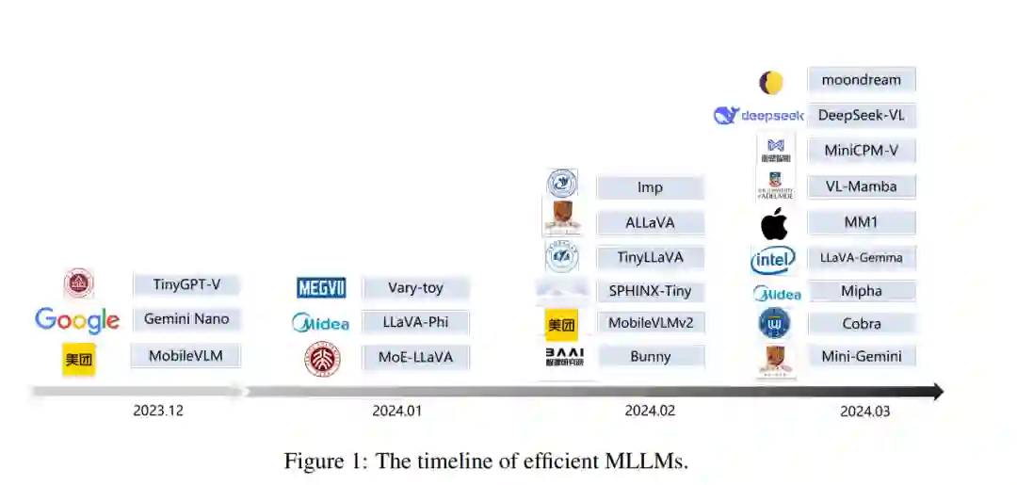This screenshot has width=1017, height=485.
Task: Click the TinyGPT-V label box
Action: (x=186, y=284)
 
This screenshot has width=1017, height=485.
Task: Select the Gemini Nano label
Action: (x=186, y=319)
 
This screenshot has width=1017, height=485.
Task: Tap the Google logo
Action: (x=77, y=321)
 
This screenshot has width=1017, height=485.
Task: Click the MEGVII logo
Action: (x=321, y=288)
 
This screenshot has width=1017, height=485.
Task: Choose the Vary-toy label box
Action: (x=415, y=288)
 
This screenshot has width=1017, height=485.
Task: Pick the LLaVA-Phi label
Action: (x=415, y=322)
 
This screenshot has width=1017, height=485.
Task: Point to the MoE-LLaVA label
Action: (x=415, y=357)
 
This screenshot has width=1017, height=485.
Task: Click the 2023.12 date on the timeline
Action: (x=157, y=411)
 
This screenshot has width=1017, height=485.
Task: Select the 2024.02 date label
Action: (x=650, y=411)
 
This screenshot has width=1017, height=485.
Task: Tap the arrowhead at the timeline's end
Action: (x=937, y=391)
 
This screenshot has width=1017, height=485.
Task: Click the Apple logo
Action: (x=774, y=225)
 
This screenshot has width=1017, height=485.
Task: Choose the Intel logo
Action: (x=773, y=259)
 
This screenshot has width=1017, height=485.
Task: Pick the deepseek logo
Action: (x=759, y=116)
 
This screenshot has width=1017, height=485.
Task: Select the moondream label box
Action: (x=861, y=80)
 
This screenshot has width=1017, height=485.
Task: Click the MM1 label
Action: (x=861, y=223)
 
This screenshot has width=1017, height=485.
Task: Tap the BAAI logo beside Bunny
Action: (x=564, y=357)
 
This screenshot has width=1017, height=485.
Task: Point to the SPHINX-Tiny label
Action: (x=650, y=291)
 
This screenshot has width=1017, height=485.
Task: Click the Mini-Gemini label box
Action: (x=861, y=357)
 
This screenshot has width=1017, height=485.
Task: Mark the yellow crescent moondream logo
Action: (x=771, y=83)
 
